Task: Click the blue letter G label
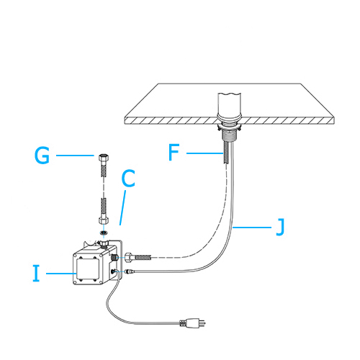(42, 156)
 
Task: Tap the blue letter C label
(128, 178)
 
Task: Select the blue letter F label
(174, 152)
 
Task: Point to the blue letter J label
(280, 227)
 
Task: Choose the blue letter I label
(36, 273)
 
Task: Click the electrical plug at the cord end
(192, 323)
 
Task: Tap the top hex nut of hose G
(104, 158)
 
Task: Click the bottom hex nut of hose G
(104, 220)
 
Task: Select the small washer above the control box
(104, 233)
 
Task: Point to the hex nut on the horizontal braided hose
(129, 256)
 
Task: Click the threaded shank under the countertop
(230, 136)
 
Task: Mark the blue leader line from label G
(75, 156)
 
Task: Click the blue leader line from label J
(252, 227)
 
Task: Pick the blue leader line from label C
(122, 207)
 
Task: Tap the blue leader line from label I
(61, 273)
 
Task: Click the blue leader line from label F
(204, 153)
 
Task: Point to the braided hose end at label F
(225, 153)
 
